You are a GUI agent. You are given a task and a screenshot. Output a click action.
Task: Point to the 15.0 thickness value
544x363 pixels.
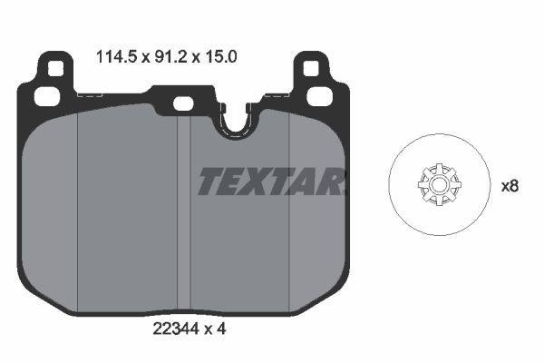pyautogui.click(x=221, y=56)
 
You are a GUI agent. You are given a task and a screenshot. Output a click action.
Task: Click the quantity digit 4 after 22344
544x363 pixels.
pyautogui.click(x=221, y=329)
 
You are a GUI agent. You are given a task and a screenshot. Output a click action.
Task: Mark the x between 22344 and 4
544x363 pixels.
pyautogui.click(x=208, y=330)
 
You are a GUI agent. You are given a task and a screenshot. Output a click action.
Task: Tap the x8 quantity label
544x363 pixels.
pyautogui.click(x=510, y=186)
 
